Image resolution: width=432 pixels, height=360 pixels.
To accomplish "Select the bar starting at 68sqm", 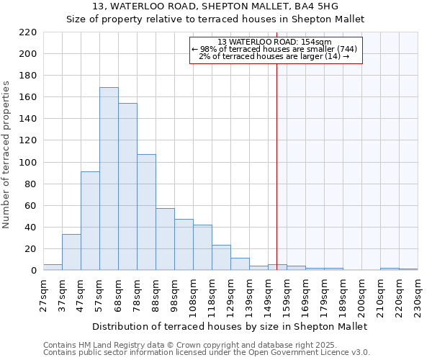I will tap(127, 186).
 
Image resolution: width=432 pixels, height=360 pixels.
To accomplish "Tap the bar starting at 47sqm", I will tap(90, 221).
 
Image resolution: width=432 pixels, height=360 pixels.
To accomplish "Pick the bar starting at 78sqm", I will tap(146, 212).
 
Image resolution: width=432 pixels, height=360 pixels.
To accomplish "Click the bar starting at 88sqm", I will tap(165, 239).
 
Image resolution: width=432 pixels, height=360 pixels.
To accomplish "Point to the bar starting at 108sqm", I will tap(202, 248).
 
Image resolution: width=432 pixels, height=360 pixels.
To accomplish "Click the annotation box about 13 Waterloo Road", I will tap(275, 50).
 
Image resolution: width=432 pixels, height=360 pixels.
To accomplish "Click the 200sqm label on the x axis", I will tap(361, 295).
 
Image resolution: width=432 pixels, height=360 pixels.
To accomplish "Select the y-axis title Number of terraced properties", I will tap(8, 155).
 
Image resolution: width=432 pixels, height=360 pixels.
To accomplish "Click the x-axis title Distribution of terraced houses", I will tap(230, 326).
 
